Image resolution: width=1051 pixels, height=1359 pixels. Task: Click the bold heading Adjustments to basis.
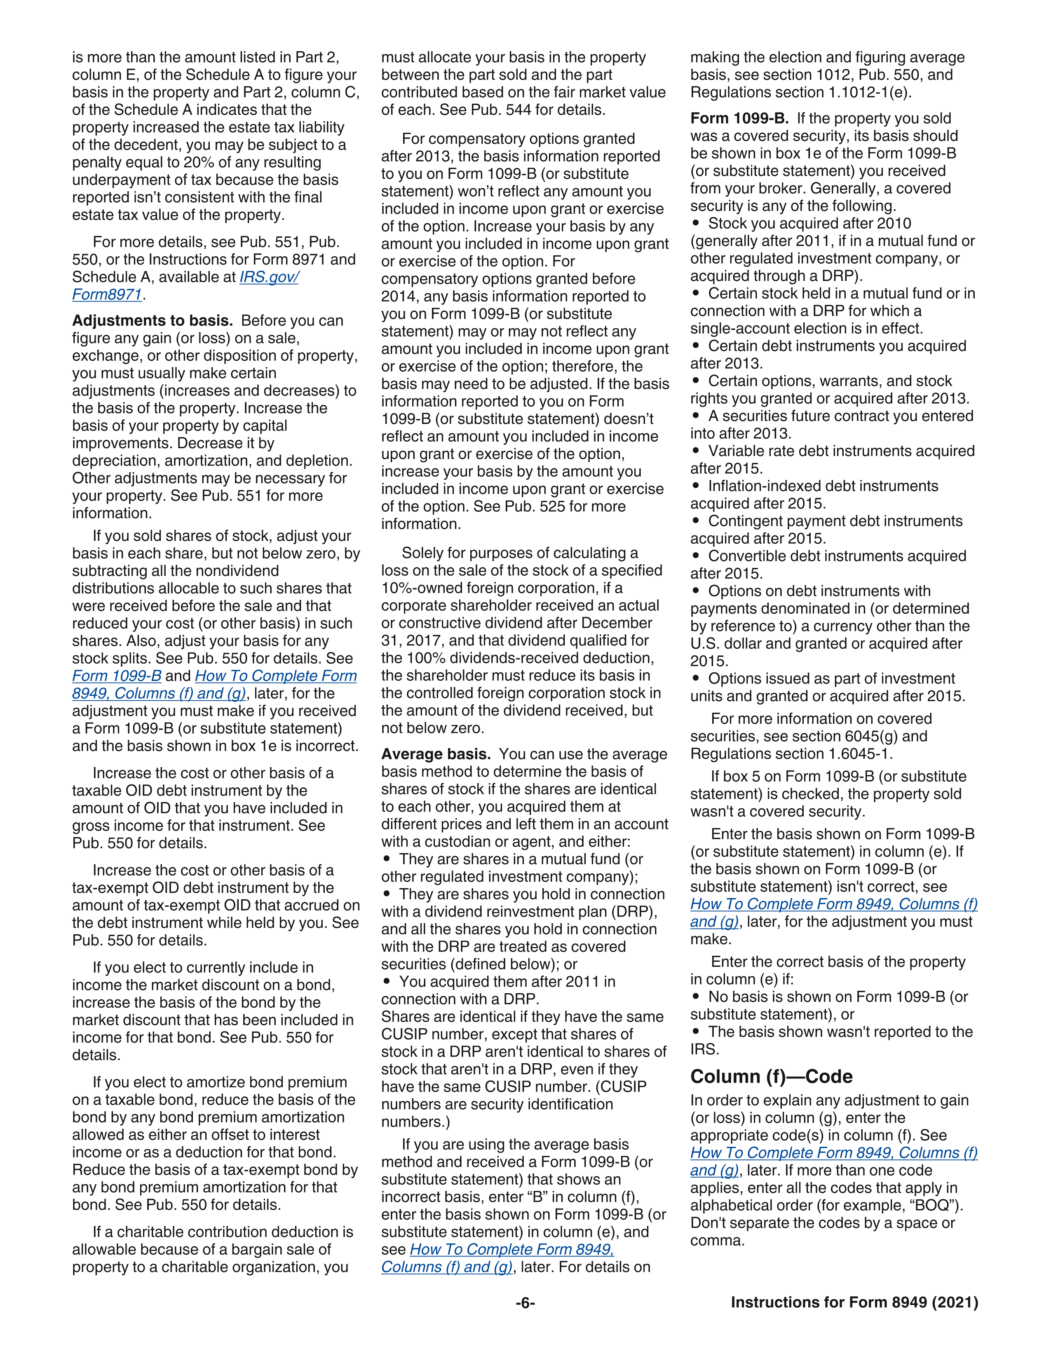coord(152,320)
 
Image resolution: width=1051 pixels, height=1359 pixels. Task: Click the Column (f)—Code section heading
coord(771,1076)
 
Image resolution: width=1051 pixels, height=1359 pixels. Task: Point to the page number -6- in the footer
coord(525,1303)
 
